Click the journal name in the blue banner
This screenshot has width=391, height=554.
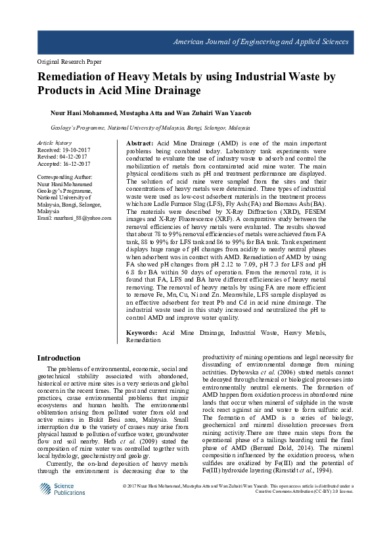point(260,42)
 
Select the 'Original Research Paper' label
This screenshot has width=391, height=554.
point(70,62)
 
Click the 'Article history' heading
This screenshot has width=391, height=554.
point(55,143)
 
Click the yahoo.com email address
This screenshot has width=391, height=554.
point(74,218)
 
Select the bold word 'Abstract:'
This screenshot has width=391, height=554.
point(139,143)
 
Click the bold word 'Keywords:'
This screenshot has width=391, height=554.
point(141,334)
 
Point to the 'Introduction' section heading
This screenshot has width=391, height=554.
point(58,358)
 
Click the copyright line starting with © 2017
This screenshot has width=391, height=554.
point(238,487)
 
